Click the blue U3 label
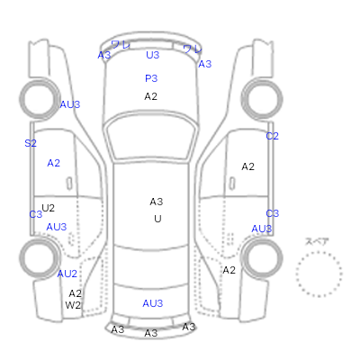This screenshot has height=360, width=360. (152, 55)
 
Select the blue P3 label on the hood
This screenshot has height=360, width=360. (151, 78)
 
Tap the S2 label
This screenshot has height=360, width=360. (31, 143)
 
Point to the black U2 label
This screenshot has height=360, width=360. (48, 208)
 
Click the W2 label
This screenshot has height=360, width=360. (73, 305)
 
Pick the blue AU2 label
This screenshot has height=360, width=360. (67, 274)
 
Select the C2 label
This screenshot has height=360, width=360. (272, 136)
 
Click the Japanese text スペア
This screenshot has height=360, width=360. (317, 241)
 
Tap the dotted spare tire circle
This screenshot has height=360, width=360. (319, 252)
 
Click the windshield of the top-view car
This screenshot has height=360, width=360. (151, 138)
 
